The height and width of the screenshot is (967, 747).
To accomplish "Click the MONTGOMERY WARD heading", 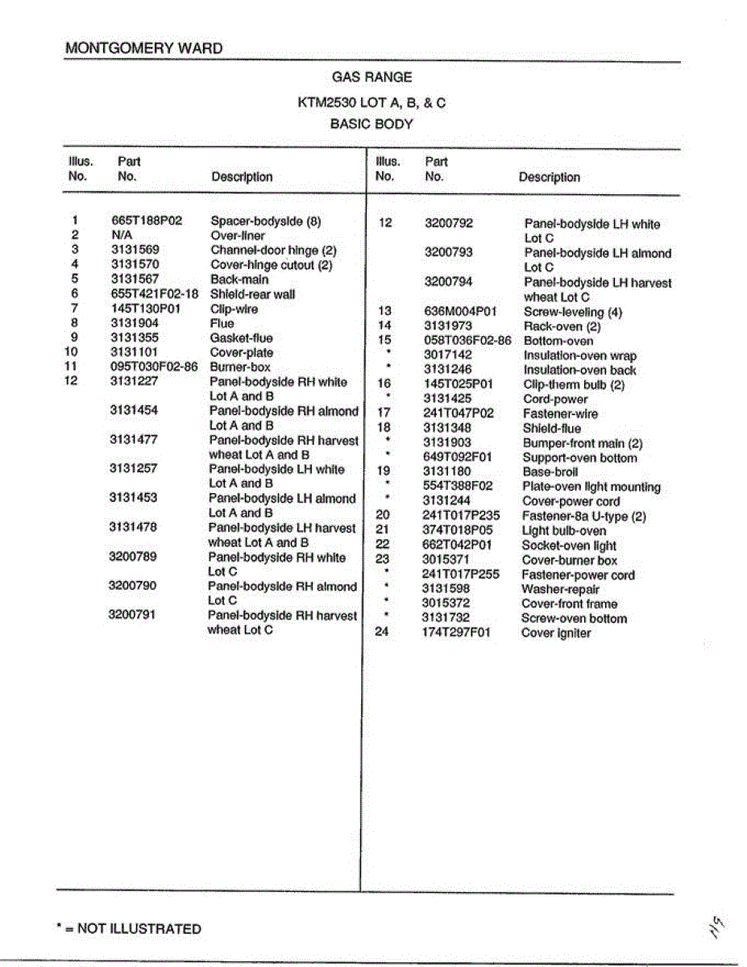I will pos(143,48).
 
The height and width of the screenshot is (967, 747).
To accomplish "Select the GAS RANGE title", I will pos(371,77).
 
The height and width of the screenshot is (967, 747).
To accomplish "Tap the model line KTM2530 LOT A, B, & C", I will pos(371,103).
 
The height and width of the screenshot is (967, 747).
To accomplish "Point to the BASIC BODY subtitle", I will pos(371,125).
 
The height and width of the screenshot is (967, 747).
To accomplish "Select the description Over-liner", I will pos(238,235).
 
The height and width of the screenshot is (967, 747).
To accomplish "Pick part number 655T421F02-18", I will pos(155,294).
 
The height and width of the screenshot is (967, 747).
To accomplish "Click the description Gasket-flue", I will pos(241,338).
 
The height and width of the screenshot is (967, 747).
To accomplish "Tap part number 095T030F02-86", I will pos(155,367).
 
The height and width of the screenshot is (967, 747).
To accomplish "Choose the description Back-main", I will pos(239,280).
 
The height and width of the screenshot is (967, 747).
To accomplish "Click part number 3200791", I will pos(133,615).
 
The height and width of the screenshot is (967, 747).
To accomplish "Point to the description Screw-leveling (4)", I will pos(572,312).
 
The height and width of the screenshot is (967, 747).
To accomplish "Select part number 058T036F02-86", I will pos(467,341).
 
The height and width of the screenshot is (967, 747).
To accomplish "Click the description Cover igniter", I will pos(556,633).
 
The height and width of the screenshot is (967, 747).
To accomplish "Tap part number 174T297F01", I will pos(457,633).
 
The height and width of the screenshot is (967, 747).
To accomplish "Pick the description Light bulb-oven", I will pos(564,531).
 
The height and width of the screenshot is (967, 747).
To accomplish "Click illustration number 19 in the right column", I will pos(384,471).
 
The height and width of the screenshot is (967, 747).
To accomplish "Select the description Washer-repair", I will pos(560,589).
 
